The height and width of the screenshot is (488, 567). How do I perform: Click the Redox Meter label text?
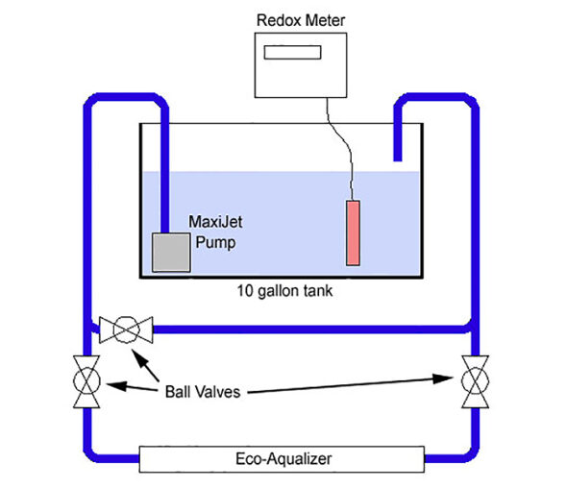click(301, 20)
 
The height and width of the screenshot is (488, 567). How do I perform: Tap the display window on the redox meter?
click(292, 52)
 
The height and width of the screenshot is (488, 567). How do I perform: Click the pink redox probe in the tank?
click(353, 232)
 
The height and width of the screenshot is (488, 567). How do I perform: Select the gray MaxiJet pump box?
click(171, 253)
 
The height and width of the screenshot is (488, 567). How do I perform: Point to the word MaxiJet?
click(215, 222)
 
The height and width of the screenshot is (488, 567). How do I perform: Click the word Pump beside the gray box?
click(215, 242)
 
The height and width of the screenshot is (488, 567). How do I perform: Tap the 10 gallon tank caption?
click(284, 291)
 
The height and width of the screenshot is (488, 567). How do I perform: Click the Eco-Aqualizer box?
click(282, 459)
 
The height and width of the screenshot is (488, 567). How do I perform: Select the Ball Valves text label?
click(203, 392)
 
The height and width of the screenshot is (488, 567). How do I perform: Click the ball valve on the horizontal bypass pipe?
click(126, 329)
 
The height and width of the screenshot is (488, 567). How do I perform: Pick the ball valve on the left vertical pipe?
click(86, 381)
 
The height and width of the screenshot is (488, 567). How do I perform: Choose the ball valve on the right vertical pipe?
click(475, 381)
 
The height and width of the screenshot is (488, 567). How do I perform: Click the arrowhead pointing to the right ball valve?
click(443, 378)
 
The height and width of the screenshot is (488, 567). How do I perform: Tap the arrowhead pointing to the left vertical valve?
click(116, 385)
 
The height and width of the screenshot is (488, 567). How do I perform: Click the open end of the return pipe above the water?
click(398, 159)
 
